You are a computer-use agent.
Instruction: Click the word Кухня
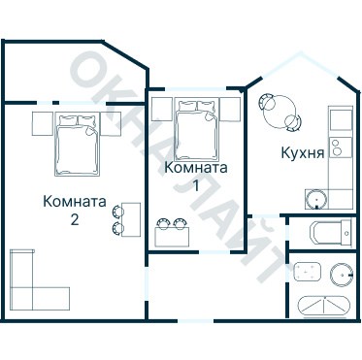coord(302,152)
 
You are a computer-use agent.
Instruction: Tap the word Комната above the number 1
coord(196,167)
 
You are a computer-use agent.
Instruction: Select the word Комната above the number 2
coord(75,202)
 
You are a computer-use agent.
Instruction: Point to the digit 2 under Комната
coord(74,219)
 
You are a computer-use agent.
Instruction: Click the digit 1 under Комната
coord(196,184)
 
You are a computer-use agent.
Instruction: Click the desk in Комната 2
coord(131,219)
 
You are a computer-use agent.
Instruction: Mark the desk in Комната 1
coord(172,236)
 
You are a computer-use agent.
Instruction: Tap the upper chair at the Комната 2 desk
coord(117,211)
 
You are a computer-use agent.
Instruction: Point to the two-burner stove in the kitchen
coord(337,147)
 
